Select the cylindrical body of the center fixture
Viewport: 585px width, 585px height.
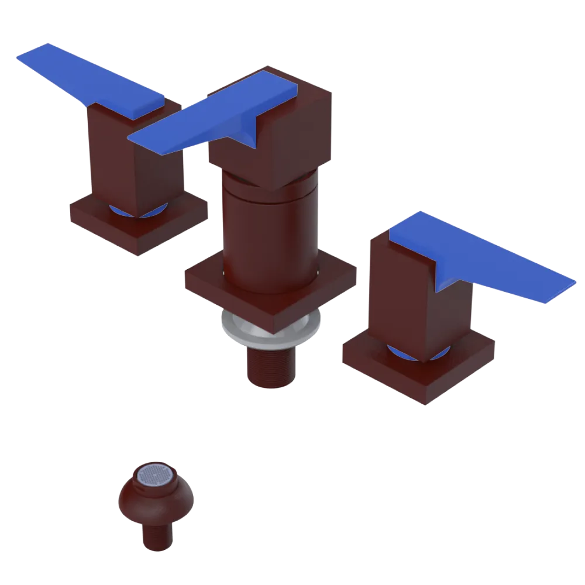269,234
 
